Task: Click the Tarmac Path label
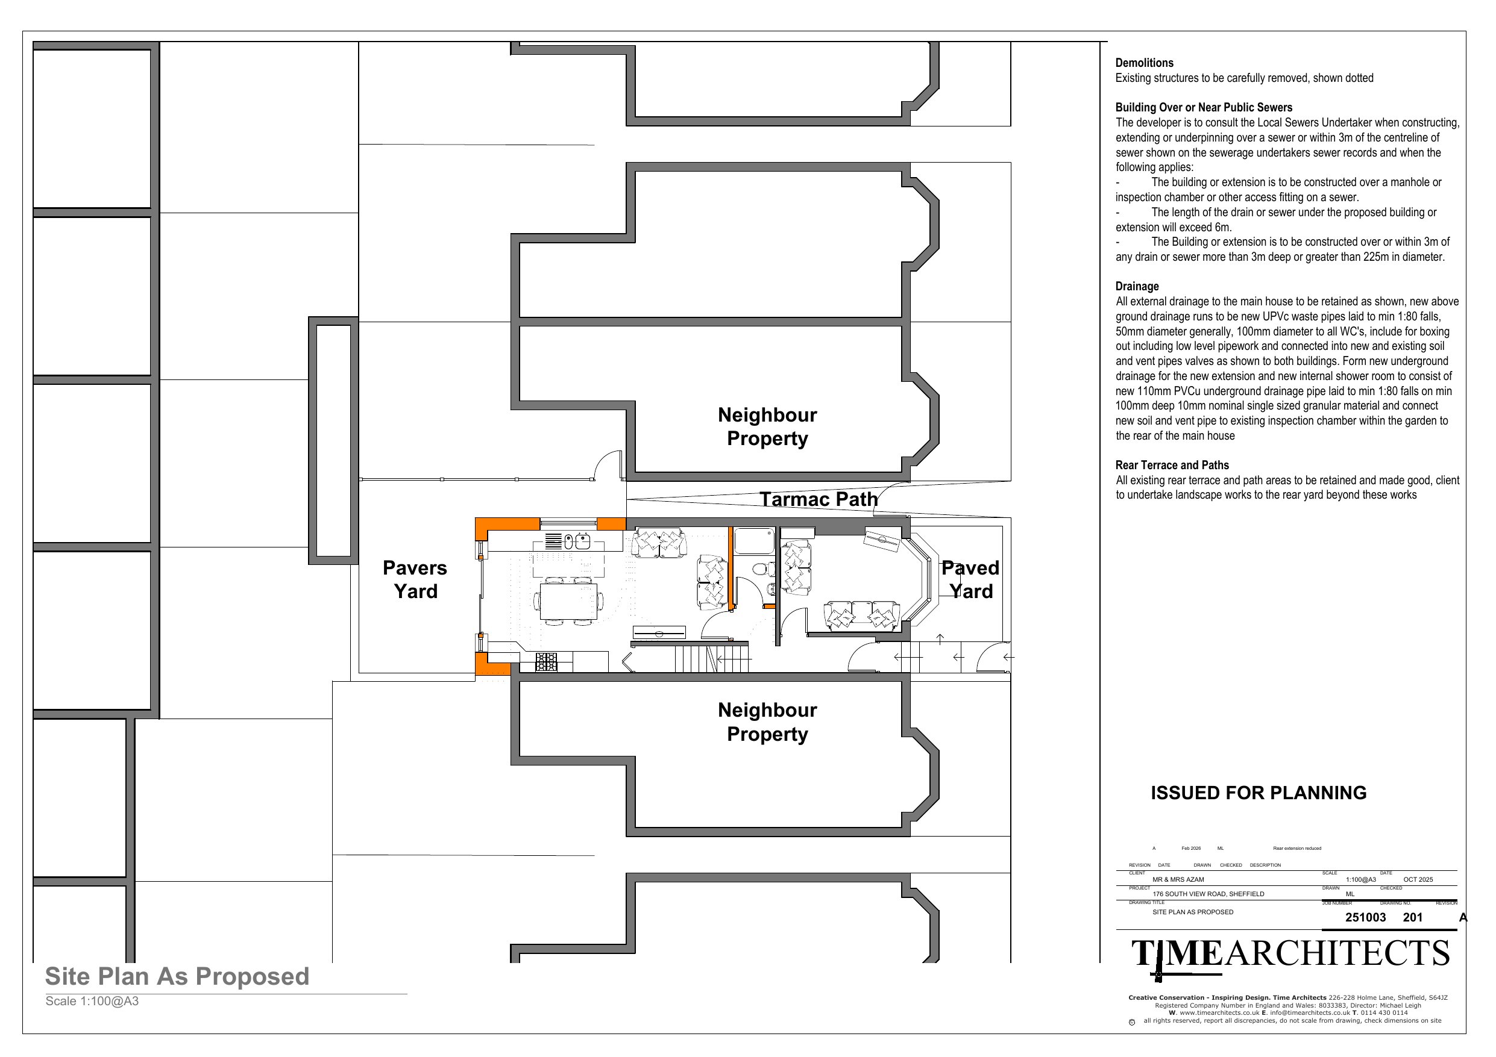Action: [x=819, y=499]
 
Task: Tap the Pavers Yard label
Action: [x=415, y=579]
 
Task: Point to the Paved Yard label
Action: [x=970, y=579]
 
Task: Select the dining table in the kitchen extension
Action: [x=568, y=601]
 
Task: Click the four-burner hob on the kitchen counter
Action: [x=547, y=662]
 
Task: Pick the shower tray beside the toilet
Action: [x=755, y=541]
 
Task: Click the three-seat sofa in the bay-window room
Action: [x=861, y=616]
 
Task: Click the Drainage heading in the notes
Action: [x=1137, y=287]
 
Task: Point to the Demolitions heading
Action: [x=1144, y=63]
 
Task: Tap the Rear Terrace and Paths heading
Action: [x=1172, y=465]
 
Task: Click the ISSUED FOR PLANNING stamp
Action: [x=1258, y=793]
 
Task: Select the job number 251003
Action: [x=1366, y=918]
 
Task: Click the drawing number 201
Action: [x=1413, y=918]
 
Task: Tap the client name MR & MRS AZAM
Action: [x=1178, y=880]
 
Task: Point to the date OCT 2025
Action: [x=1418, y=880]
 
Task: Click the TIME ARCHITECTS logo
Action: [x=1290, y=955]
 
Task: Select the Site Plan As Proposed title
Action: [x=177, y=976]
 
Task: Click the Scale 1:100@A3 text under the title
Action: [x=92, y=1002]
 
